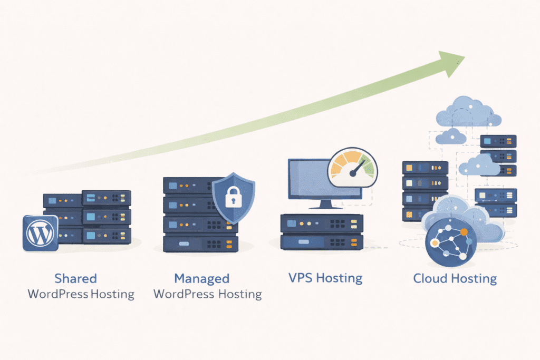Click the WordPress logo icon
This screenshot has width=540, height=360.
click(40, 232)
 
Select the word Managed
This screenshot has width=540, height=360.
click(201, 278)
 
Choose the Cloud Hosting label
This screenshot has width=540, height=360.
click(455, 278)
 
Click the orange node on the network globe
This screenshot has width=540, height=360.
click(464, 231)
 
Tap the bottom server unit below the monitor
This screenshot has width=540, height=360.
click(322, 242)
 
